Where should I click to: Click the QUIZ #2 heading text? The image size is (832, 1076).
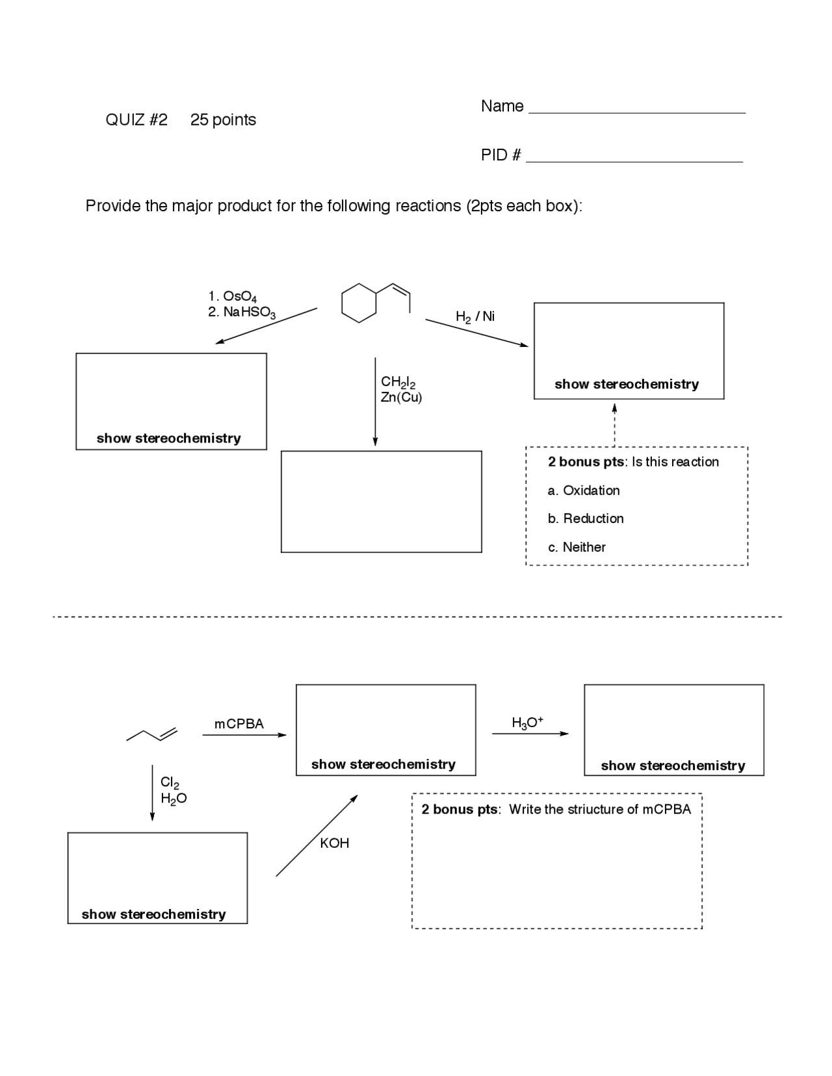coord(136,120)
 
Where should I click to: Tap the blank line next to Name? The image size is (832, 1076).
coord(637,112)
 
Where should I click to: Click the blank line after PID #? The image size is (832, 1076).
coord(634,160)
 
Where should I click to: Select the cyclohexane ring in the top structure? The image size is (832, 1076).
coord(359,303)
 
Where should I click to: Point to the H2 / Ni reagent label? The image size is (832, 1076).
coord(475,316)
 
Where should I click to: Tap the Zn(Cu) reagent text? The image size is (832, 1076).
coord(401,398)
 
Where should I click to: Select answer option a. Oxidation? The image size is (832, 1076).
coord(584,491)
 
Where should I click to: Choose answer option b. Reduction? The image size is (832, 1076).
coord(586,519)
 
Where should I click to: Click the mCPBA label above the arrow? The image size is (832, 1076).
coord(239,724)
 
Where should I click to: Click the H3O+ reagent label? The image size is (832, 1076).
coord(527,723)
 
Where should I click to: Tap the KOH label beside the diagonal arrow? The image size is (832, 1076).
coord(334,843)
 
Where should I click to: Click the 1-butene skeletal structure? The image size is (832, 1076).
coord(151,734)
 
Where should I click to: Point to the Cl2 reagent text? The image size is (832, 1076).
coord(170,783)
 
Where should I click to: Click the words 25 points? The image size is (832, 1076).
coord(223,120)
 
